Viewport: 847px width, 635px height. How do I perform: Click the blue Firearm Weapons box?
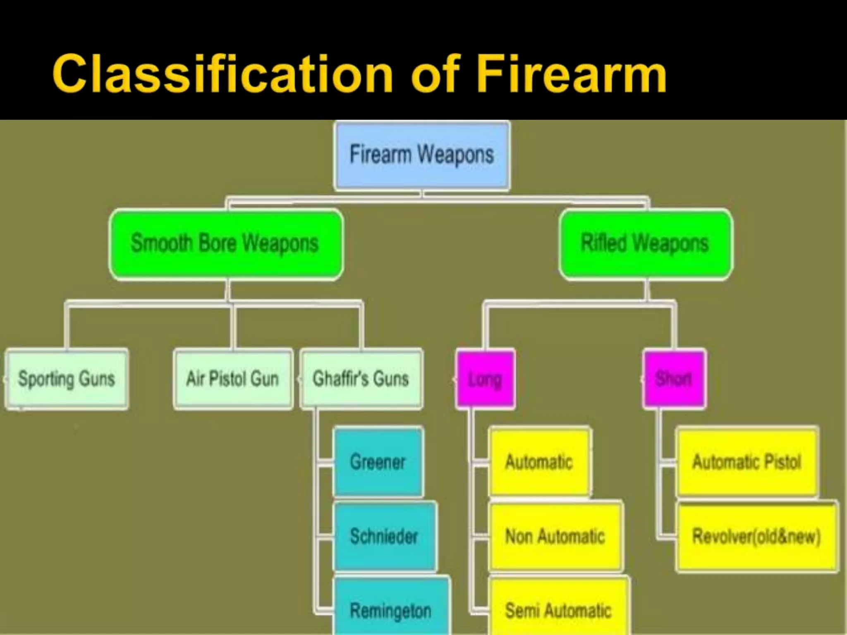(x=422, y=155)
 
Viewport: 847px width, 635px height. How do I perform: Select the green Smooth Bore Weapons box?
(x=226, y=243)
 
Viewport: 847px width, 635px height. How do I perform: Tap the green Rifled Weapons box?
(x=645, y=243)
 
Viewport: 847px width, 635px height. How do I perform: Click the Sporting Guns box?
(x=67, y=379)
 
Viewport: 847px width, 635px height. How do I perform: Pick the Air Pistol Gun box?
(x=233, y=379)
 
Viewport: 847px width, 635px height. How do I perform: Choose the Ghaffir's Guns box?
(x=361, y=379)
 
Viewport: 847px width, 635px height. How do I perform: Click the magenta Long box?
(x=486, y=379)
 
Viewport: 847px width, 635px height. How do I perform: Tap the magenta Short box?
(x=674, y=379)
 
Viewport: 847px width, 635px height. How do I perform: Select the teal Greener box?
(x=378, y=462)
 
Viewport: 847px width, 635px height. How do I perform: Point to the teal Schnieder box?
(x=385, y=536)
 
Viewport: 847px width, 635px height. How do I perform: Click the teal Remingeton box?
(x=391, y=610)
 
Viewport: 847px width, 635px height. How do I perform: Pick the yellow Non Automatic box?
(x=555, y=536)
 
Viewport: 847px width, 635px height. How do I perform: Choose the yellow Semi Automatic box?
(x=558, y=610)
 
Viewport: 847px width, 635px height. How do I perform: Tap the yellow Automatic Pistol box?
(x=747, y=462)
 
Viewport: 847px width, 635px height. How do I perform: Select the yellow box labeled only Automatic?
(x=539, y=462)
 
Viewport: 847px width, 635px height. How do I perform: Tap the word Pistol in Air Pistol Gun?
(x=228, y=379)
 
